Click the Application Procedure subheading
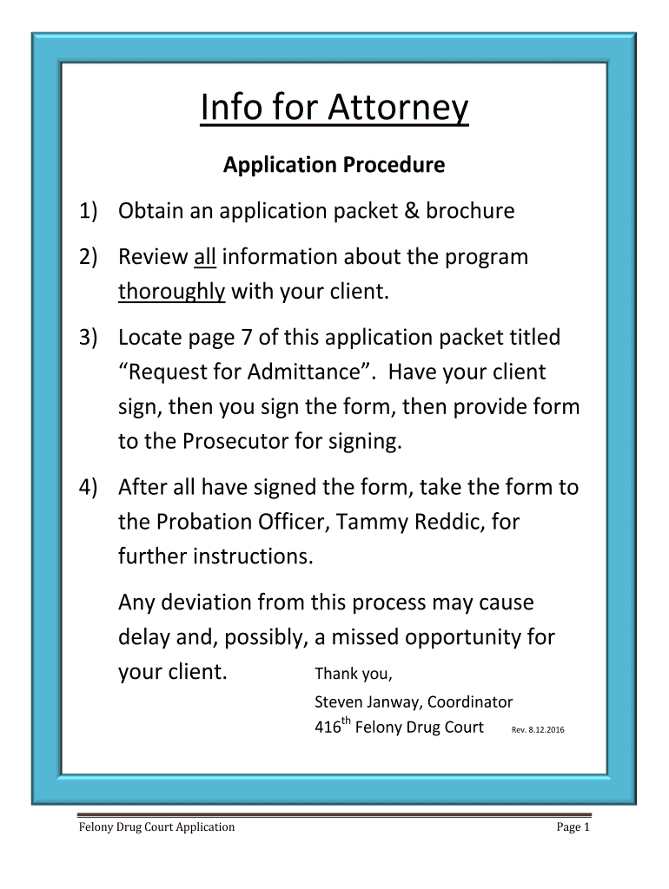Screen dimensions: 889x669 [x=334, y=165]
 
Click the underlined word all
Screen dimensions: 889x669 [x=204, y=257]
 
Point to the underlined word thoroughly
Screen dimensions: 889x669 [x=171, y=292]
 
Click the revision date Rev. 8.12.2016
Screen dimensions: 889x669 [x=533, y=730]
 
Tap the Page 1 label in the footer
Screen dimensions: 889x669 [x=573, y=827]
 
